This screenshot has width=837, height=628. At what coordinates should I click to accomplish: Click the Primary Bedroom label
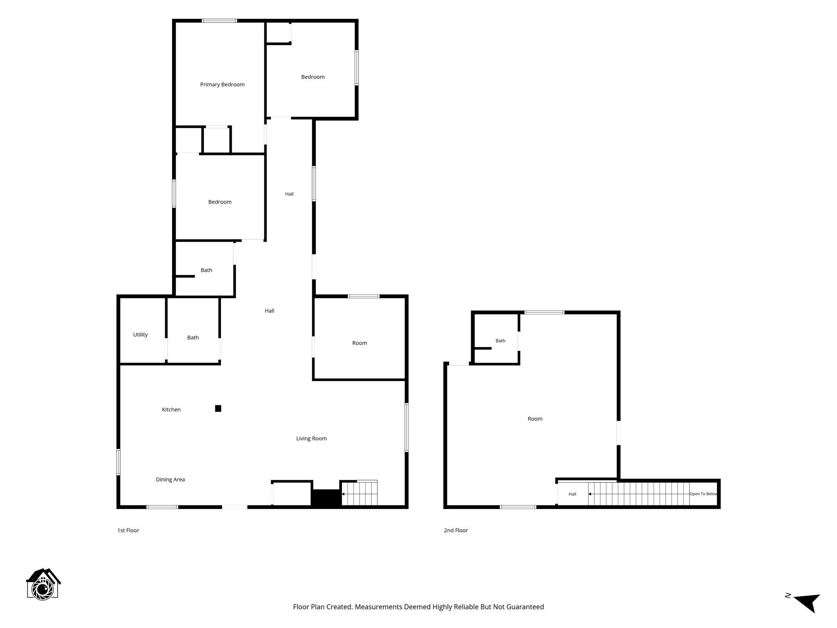pos(222,85)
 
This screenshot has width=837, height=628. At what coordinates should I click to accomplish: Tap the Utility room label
pos(140,335)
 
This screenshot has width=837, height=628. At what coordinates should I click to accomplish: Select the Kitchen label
pos(171,409)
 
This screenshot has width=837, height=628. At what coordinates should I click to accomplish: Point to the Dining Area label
pos(170,480)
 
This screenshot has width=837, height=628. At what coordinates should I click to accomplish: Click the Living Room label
pos(311,439)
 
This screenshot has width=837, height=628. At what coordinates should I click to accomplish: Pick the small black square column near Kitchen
pos(218,408)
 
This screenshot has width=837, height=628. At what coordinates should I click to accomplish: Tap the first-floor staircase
pos(359,493)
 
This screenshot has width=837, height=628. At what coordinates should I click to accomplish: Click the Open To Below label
pos(703,494)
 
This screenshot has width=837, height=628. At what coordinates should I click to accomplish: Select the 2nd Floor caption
pos(456,530)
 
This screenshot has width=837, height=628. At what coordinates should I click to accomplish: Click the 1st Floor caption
pos(128,530)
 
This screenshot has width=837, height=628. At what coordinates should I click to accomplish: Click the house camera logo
pos(43,584)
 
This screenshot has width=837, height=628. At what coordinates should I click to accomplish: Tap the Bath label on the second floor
pos(500,341)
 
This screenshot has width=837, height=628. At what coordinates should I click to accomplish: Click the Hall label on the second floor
pos(572,494)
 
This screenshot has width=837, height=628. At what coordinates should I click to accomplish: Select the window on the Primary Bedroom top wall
pos(219,21)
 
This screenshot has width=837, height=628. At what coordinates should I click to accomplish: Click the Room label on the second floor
pos(535,419)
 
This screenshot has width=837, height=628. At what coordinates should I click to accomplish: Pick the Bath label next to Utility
pos(193,338)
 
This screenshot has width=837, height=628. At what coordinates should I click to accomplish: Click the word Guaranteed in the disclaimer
pos(525,607)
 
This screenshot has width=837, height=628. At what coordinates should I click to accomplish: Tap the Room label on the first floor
pos(360,343)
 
